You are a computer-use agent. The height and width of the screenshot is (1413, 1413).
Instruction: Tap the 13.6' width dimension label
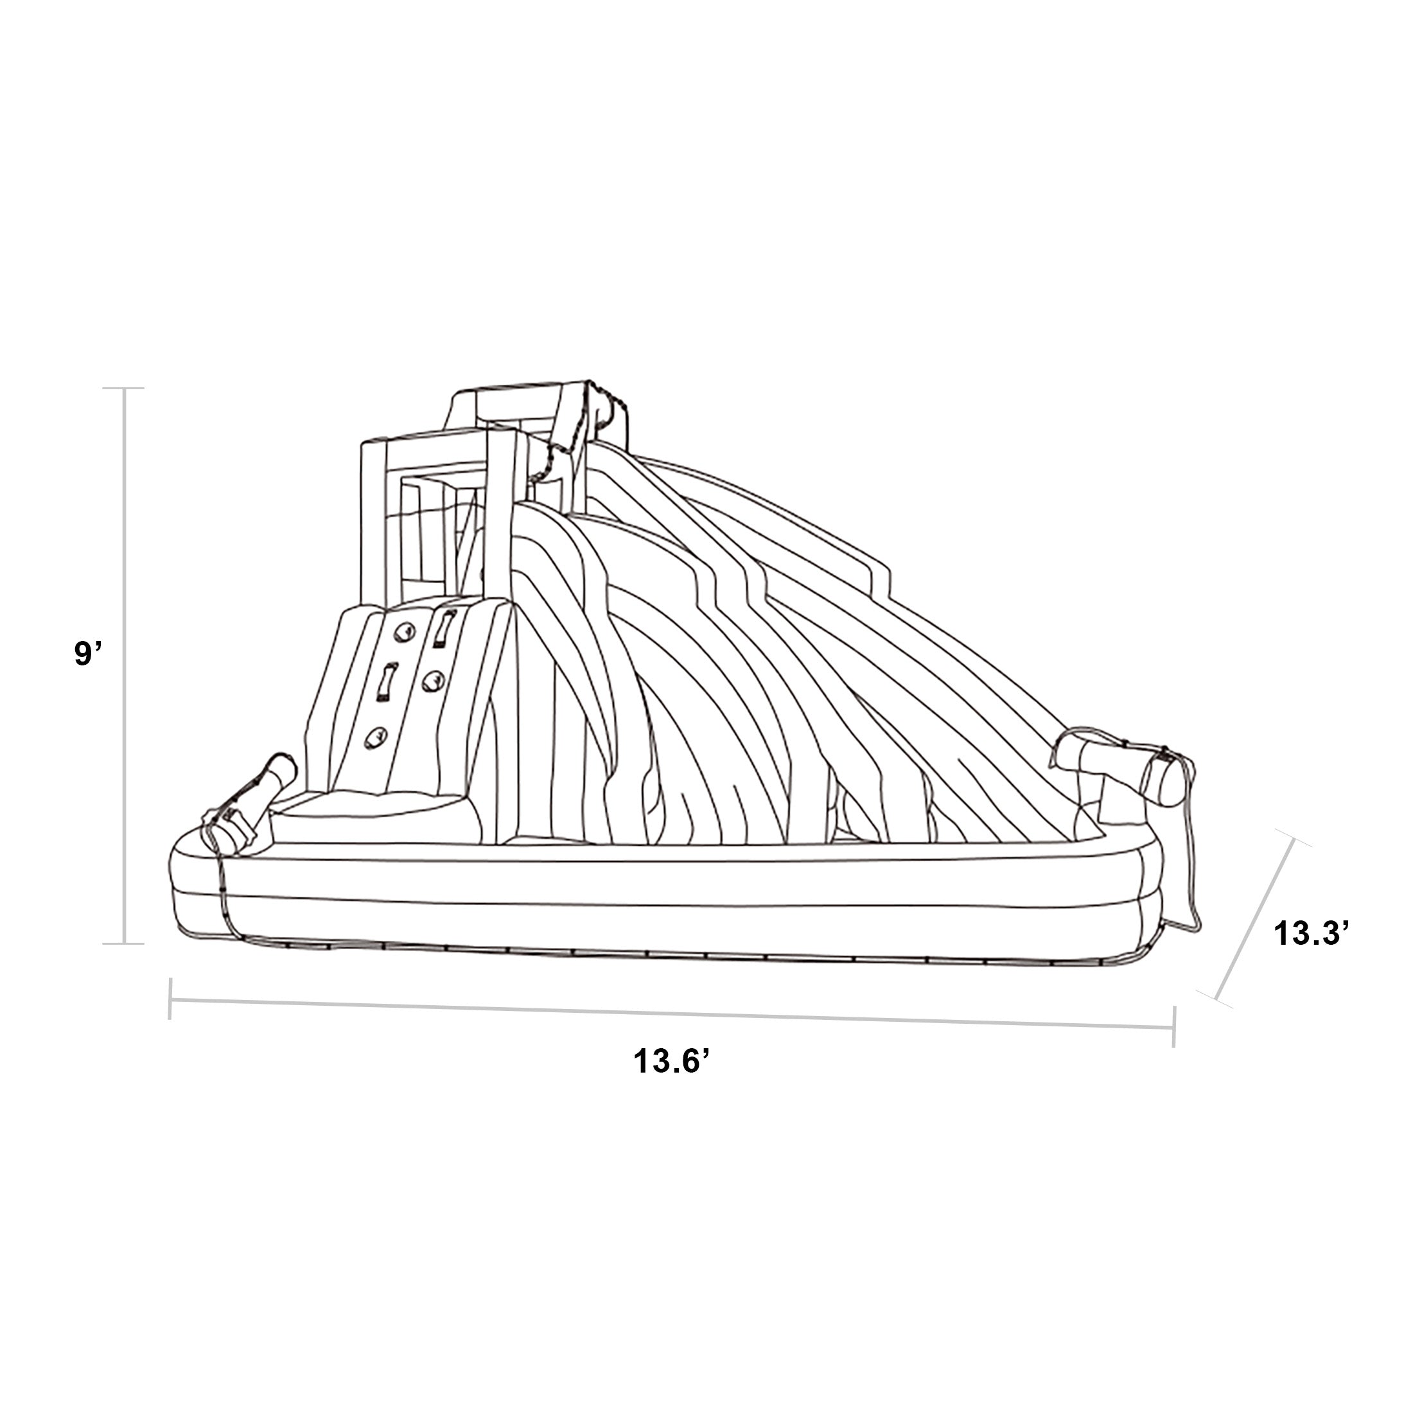pyautogui.click(x=672, y=1061)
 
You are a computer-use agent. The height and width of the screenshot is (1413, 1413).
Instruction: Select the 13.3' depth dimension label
pyautogui.click(x=1306, y=935)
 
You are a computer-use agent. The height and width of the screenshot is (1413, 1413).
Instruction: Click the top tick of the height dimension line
pyautogui.click(x=125, y=389)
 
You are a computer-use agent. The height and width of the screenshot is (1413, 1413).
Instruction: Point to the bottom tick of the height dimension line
pyautogui.click(x=125, y=943)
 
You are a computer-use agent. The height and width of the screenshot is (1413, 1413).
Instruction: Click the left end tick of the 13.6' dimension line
pyautogui.click(x=170, y=998)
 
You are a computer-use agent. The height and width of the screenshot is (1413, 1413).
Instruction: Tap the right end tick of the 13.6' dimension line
pyautogui.click(x=1173, y=1026)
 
